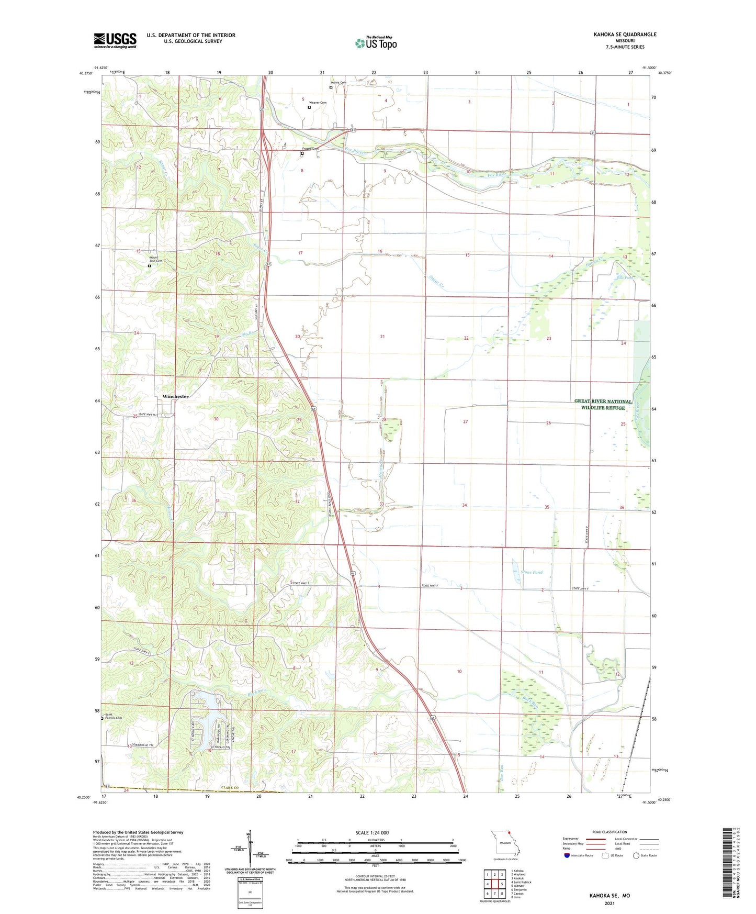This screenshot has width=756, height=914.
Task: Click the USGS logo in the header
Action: [115, 40]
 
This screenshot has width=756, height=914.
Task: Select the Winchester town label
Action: [175, 396]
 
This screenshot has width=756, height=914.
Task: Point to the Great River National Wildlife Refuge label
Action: [603, 404]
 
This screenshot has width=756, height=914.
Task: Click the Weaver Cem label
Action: [318, 103]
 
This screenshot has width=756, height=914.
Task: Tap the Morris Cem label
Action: [338, 83]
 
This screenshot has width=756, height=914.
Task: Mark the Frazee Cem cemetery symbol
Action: [302, 153]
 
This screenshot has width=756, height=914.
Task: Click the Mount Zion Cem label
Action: [156, 259]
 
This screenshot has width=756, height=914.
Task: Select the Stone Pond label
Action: [532, 572]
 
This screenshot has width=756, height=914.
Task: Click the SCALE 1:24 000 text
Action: [372, 833]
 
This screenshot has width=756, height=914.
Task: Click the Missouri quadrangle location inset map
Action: [504, 844]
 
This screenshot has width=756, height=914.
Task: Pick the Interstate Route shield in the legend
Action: [567, 855]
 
